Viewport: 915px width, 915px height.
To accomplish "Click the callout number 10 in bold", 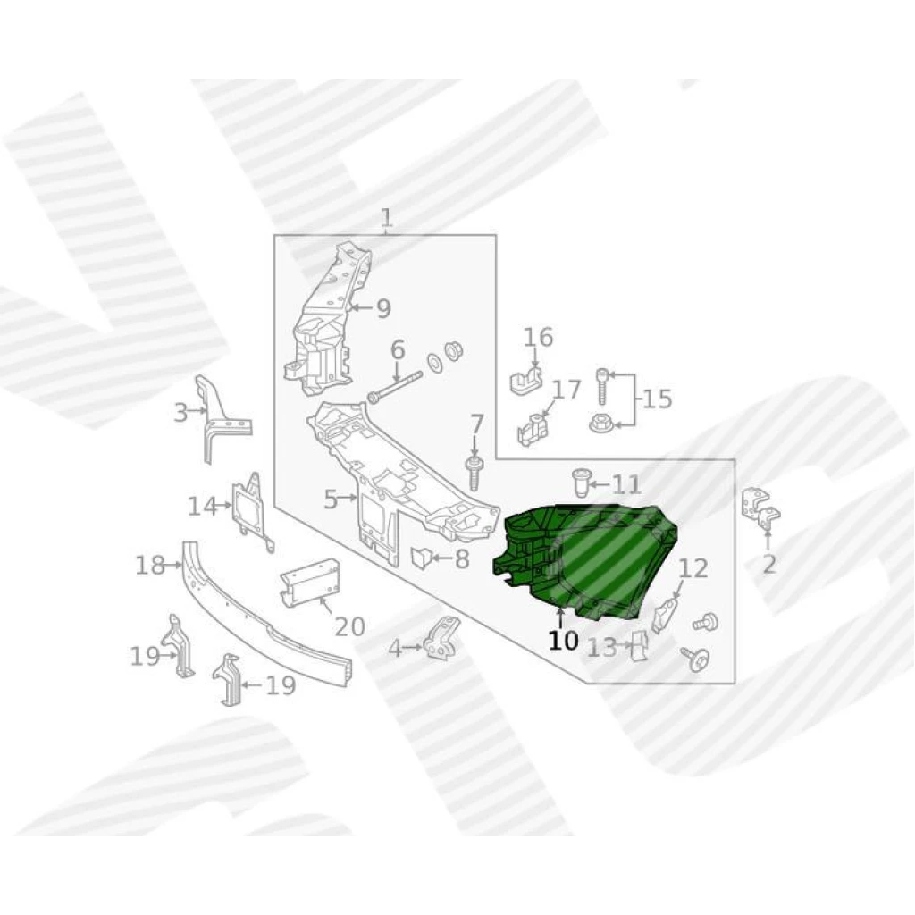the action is click(x=563, y=641).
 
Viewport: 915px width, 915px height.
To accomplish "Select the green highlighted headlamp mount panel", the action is click(x=583, y=560).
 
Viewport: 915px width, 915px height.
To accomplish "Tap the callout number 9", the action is click(x=382, y=308).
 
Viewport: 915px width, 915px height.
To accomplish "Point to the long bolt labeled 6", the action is click(x=395, y=386).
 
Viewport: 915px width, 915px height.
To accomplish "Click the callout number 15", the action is click(x=658, y=399).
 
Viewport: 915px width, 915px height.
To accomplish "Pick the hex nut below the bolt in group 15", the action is click(x=600, y=422).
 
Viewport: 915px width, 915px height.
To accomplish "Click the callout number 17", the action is click(x=567, y=390).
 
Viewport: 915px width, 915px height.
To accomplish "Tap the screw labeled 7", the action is click(x=474, y=473).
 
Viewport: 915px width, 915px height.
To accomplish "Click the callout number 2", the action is click(x=769, y=565).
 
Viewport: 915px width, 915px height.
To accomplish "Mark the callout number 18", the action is click(x=150, y=565).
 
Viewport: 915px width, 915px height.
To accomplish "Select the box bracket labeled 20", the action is click(x=310, y=583).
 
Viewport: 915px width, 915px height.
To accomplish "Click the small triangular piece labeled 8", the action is click(x=422, y=558).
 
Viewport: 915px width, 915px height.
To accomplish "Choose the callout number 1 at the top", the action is click(x=387, y=219).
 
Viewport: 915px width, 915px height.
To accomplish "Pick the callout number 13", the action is click(x=601, y=647).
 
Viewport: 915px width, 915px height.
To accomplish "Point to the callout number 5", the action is click(x=331, y=499).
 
